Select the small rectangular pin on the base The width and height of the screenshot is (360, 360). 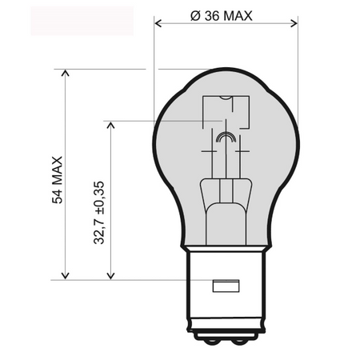click(225, 286)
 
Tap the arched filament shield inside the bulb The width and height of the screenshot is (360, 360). click(226, 137)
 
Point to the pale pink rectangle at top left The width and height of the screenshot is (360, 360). click(81, 20)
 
